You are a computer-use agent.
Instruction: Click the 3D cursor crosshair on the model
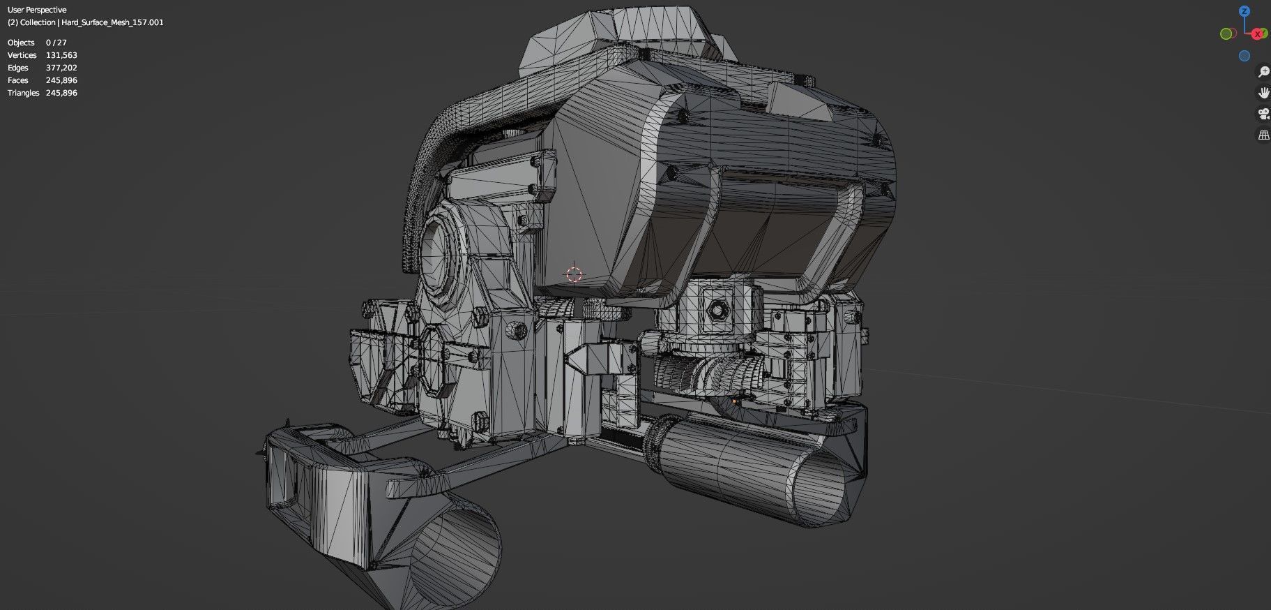pos(574,274)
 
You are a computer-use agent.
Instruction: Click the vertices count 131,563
pos(61,55)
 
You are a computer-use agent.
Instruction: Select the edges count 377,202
pos(61,68)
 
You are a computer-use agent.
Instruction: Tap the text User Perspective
pos(37,10)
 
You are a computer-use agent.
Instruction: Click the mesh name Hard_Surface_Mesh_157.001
pos(112,22)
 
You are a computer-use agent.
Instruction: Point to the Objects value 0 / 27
pos(56,43)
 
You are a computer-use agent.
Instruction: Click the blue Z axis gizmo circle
pos(1244,11)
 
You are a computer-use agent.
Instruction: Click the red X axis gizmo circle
pos(1258,34)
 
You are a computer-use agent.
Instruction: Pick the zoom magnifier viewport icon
pos(1263,72)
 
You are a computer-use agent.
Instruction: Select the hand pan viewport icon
pos(1263,93)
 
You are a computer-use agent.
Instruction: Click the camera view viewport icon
pos(1263,114)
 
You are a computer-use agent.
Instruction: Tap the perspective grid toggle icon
pos(1263,135)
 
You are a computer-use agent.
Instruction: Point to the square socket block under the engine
pos(716,308)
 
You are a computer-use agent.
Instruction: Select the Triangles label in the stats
pos(23,93)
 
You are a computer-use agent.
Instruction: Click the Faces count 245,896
pos(61,80)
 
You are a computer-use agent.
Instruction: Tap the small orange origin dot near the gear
pos(734,401)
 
